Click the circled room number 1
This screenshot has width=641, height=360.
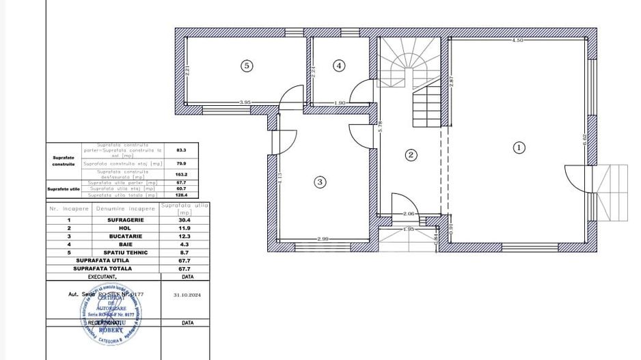[x=519, y=147]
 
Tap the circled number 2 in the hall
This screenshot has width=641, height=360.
[x=411, y=155]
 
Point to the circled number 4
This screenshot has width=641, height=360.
[x=340, y=66]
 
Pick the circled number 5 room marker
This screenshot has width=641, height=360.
[x=247, y=66]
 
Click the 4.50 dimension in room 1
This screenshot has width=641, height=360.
[x=517, y=41]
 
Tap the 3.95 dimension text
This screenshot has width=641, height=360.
[x=245, y=102]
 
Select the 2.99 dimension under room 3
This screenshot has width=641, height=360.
[x=323, y=238]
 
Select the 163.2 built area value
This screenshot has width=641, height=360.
[x=181, y=174]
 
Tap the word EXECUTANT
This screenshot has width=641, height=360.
[x=103, y=277]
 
